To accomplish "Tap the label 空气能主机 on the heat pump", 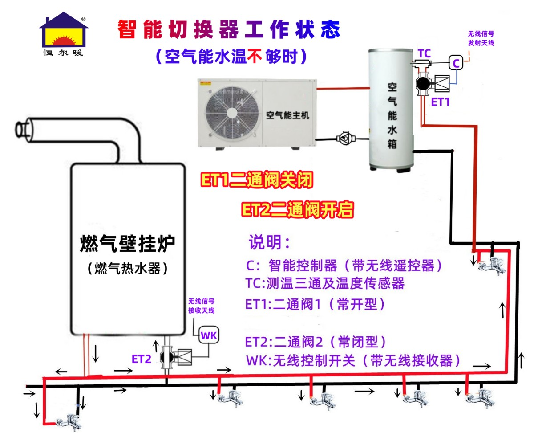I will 287,115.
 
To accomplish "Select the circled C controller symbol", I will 456,63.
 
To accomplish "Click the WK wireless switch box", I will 209,335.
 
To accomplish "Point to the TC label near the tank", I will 424,53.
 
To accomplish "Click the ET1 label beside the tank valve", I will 441,102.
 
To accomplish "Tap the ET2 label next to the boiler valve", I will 142,359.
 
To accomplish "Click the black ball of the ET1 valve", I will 422,83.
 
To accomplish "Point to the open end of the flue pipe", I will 20,129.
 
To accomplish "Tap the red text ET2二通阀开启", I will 297,209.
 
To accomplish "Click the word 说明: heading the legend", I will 270,242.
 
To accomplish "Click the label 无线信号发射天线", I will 481,38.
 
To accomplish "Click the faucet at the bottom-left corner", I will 67,421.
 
